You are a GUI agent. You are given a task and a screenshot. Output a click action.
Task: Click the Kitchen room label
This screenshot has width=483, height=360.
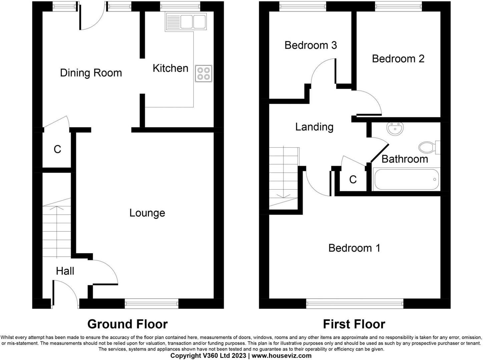170,68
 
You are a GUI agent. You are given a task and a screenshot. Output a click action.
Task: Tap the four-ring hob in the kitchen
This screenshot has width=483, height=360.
203,74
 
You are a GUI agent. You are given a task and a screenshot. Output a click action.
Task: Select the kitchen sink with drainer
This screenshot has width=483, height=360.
186,22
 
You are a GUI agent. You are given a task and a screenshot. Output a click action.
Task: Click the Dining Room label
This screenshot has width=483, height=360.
91,73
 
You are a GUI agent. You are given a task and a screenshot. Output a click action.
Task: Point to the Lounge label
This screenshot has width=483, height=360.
147,213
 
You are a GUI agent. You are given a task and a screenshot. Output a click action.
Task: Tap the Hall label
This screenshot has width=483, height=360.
65,271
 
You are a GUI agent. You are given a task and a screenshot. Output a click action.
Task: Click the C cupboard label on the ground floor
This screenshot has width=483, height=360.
57,149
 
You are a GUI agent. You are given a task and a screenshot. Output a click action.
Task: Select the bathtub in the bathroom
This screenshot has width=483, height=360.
406,179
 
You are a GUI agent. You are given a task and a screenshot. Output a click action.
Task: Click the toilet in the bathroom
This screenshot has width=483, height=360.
429,147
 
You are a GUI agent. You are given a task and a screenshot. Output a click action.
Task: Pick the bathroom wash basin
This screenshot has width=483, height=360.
395,129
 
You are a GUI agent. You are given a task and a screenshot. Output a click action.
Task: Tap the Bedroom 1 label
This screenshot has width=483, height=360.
354,248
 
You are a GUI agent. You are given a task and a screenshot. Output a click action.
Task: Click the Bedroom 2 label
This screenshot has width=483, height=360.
398,59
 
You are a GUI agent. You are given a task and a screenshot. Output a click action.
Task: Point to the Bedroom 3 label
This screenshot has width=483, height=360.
311,45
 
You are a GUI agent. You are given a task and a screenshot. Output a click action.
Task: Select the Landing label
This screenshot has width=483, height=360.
314,127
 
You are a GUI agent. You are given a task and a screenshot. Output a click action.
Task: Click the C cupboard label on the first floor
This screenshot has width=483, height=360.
353,180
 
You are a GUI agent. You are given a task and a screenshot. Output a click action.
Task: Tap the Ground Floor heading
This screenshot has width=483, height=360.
127,324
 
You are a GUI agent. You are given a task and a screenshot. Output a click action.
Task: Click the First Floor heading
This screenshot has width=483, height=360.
354,324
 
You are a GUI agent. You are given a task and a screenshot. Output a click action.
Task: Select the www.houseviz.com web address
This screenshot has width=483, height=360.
282,356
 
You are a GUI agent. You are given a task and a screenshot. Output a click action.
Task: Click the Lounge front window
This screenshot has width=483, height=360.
152,304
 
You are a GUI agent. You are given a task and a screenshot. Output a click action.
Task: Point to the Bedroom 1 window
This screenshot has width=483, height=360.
355,304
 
